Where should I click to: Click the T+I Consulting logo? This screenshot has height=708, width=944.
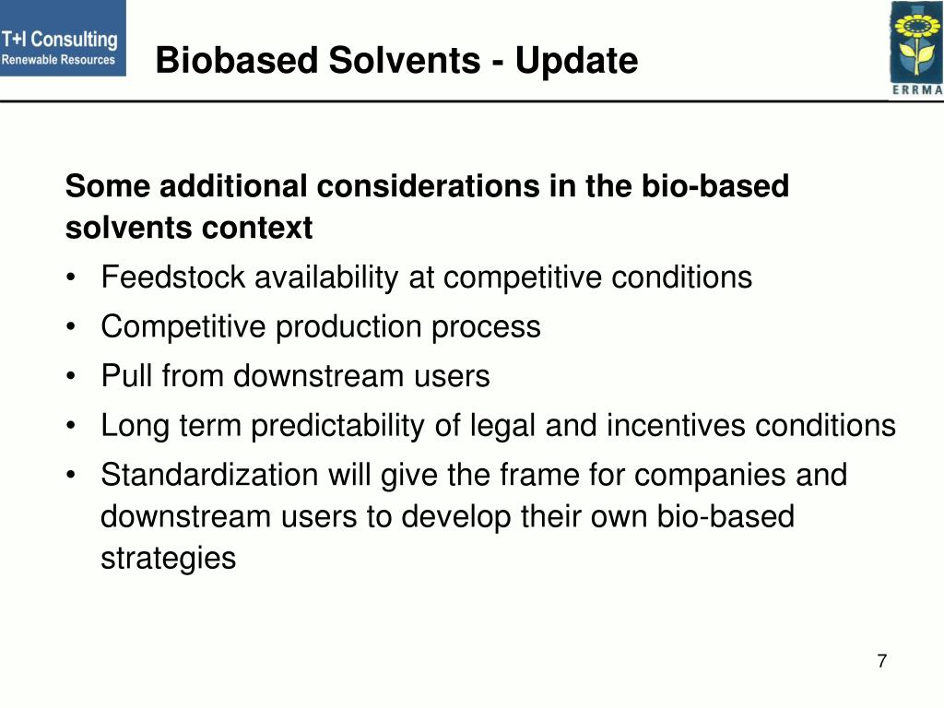[63, 39]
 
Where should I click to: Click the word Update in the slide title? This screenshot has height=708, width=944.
[576, 62]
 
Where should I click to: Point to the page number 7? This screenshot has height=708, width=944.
[882, 661]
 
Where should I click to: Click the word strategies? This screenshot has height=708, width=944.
[168, 559]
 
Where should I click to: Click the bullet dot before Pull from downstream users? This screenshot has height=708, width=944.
[72, 377]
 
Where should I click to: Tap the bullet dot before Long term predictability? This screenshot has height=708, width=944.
[72, 427]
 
